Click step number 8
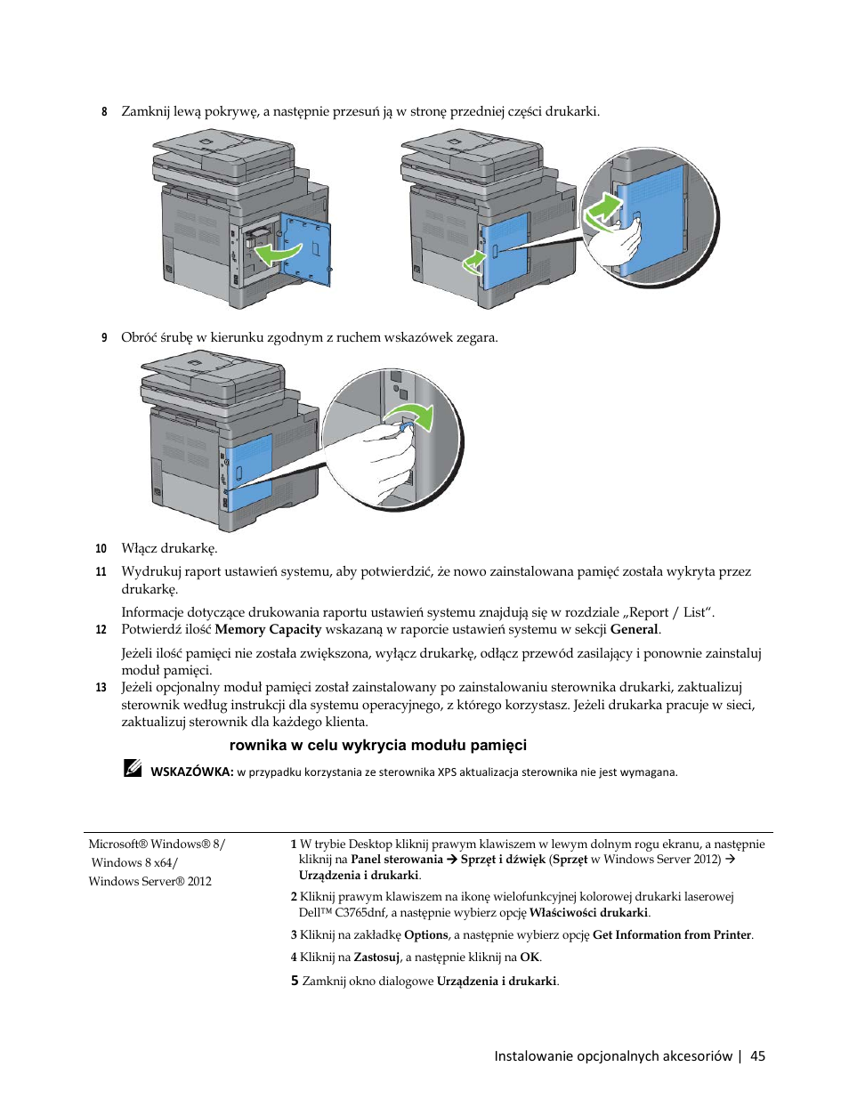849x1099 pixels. click(104, 112)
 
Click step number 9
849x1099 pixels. click(104, 338)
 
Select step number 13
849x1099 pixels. click(101, 688)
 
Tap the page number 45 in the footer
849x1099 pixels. click(757, 1056)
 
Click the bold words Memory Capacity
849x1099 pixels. click(268, 630)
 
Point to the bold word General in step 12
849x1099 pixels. click(634, 630)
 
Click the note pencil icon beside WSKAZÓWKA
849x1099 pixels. click(133, 768)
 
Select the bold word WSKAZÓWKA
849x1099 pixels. click(191, 772)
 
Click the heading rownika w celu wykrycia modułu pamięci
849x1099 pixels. click(378, 746)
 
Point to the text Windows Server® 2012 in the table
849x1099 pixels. click(150, 882)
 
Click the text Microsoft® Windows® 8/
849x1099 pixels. click(157, 844)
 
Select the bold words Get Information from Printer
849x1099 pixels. click(672, 935)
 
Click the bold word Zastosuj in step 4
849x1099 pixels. click(376, 958)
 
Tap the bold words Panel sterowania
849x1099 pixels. click(397, 860)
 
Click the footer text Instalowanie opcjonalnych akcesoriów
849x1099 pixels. click(613, 1056)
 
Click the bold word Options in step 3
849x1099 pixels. click(426, 935)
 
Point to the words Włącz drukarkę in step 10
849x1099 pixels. click(169, 549)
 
